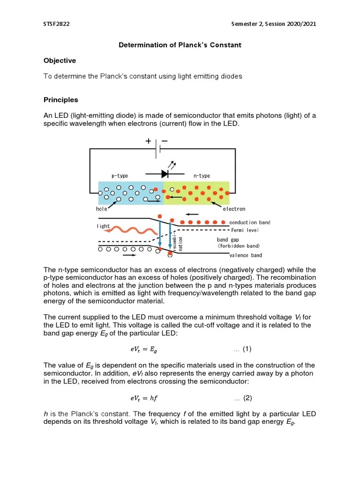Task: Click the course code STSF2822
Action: pyautogui.click(x=56, y=24)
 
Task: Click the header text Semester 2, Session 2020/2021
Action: pyautogui.click(x=274, y=24)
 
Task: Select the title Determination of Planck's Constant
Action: pyautogui.click(x=180, y=45)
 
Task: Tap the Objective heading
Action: pyautogui.click(x=60, y=60)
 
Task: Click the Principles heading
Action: pyautogui.click(x=60, y=100)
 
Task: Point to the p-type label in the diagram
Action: pyautogui.click(x=120, y=176)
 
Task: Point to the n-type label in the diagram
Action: pyautogui.click(x=202, y=176)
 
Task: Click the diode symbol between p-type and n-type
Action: pyautogui.click(x=165, y=173)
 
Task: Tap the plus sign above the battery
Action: pyautogui.click(x=148, y=141)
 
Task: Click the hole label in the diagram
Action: pyautogui.click(x=102, y=209)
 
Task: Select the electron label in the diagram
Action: pyautogui.click(x=233, y=209)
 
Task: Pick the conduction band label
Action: pyautogui.click(x=249, y=222)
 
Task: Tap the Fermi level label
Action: pyautogui.click(x=245, y=230)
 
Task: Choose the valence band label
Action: pyautogui.click(x=246, y=255)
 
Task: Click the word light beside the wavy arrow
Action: pyautogui.click(x=104, y=226)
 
